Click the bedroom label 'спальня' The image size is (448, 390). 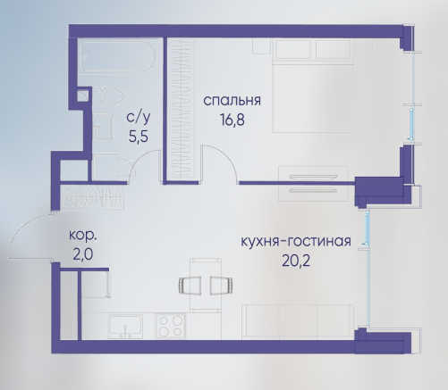coord(232,101)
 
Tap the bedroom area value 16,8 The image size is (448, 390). coord(232,120)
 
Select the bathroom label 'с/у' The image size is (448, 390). coord(139,117)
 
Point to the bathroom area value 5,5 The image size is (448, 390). coord(139,137)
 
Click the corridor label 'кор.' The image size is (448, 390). coord(83,236)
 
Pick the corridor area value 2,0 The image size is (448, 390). coord(83,255)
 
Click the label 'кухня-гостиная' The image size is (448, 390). coord(296,241)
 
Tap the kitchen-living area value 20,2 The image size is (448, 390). coord(296,261)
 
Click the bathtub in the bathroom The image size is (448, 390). coord(118,56)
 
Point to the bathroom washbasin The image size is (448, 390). coord(103,127)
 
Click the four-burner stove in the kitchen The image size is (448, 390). coord(171,326)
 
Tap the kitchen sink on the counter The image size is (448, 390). coord(125,327)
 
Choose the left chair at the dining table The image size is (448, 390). coord(190,286)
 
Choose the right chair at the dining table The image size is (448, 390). coord(222,286)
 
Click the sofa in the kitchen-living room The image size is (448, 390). coord(298,322)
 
